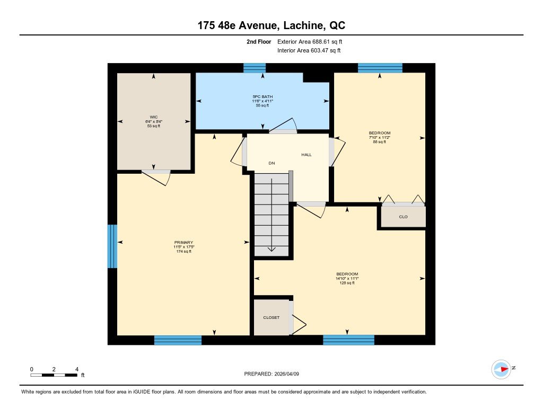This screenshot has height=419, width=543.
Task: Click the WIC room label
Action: pyautogui.click(x=153, y=117)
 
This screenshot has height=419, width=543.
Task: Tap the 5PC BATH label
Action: pyautogui.click(x=262, y=96)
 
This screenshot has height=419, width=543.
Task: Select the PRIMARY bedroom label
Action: pyautogui.click(x=183, y=243)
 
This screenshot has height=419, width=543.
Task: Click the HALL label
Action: pyautogui.click(x=306, y=155)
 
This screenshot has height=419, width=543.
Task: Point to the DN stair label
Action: pyautogui.click(x=272, y=163)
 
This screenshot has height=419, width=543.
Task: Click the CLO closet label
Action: pyautogui.click(x=404, y=217)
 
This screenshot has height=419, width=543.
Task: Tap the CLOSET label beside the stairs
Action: pyautogui.click(x=271, y=318)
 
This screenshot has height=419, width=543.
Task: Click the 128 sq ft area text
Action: pyautogui.click(x=347, y=283)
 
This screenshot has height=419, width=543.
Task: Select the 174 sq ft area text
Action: pyautogui.click(x=183, y=252)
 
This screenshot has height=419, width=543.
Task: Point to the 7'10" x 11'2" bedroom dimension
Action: pyautogui.click(x=380, y=137)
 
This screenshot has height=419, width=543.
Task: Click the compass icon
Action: pyautogui.click(x=501, y=369)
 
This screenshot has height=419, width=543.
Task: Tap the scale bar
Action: pyautogui.click(x=54, y=375)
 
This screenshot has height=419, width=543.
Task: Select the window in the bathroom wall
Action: pyautogui.click(x=255, y=68)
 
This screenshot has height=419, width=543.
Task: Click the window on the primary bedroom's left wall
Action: pyautogui.click(x=112, y=246)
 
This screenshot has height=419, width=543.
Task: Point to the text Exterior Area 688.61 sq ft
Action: pyautogui.click(x=310, y=41)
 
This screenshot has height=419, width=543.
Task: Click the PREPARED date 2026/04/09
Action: pyautogui.click(x=287, y=373)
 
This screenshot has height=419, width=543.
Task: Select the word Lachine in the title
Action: pyautogui.click(x=303, y=25)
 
